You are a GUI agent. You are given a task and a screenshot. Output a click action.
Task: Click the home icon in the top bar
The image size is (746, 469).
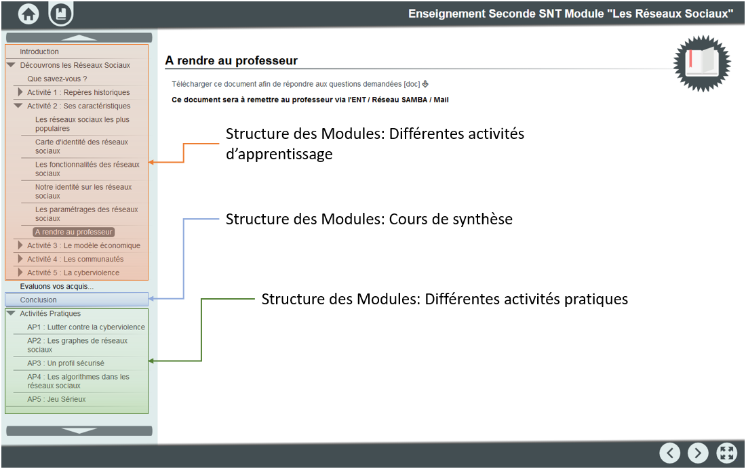point(28,14)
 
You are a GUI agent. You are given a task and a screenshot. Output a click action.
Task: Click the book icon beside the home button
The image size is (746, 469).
point(61,14)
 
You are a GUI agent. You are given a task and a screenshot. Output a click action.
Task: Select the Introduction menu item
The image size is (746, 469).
point(39,52)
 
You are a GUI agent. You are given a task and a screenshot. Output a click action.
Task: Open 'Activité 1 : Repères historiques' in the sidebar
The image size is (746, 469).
point(79,92)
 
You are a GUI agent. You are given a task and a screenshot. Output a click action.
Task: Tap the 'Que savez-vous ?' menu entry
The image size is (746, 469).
point(57,79)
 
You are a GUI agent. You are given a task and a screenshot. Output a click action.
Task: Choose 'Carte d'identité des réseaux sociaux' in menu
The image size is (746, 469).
point(81,146)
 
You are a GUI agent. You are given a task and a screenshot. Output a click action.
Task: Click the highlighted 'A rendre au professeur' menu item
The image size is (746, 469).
point(74,232)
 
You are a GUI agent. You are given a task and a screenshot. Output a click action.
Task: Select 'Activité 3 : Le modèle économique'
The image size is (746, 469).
point(83,245)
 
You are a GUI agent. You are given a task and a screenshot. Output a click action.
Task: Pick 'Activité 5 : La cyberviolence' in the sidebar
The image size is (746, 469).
point(73,272)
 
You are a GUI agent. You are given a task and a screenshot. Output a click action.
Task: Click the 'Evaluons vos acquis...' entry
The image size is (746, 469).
point(56,286)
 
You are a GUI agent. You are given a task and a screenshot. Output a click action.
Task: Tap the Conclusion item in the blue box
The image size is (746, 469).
point(38,300)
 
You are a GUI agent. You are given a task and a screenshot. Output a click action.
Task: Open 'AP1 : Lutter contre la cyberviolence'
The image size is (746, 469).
point(86,327)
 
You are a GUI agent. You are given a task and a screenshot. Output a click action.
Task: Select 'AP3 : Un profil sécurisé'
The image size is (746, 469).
point(66,363)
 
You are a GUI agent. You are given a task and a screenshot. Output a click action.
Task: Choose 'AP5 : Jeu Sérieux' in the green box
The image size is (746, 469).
point(56,400)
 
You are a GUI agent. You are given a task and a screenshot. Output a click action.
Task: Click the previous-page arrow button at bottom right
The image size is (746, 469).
point(670,453)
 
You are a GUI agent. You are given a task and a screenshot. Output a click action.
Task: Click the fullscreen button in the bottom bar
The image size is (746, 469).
point(726,453)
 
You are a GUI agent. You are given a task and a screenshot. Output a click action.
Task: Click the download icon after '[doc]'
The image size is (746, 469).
point(425,84)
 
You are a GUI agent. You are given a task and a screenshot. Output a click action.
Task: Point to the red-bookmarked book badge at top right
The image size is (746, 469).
point(702,63)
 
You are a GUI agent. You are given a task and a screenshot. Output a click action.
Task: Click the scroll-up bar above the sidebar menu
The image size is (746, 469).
point(79,37)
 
